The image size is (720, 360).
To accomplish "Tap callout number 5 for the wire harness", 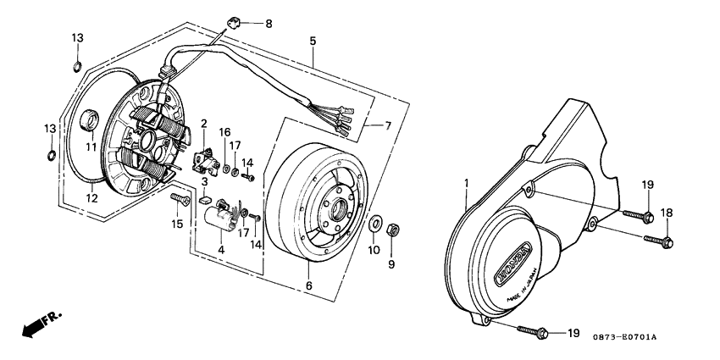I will (313, 41).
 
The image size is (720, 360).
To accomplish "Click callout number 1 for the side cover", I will (465, 182).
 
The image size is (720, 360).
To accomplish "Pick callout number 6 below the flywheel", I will (308, 286).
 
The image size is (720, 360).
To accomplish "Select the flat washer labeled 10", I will (374, 224).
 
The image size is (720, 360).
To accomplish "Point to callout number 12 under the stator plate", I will (91, 198).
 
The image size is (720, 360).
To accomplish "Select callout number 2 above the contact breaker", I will (203, 125).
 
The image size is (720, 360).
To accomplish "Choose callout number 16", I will (224, 132).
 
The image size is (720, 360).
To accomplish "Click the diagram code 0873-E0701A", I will (623, 337).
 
